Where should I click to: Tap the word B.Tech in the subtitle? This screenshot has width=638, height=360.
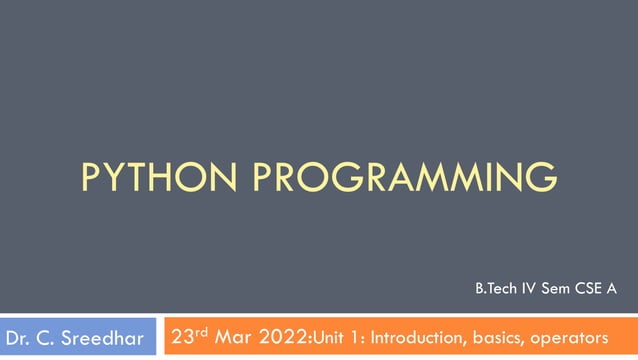494,290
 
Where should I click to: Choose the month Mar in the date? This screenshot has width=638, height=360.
234,337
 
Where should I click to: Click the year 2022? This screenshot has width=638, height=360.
286,337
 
